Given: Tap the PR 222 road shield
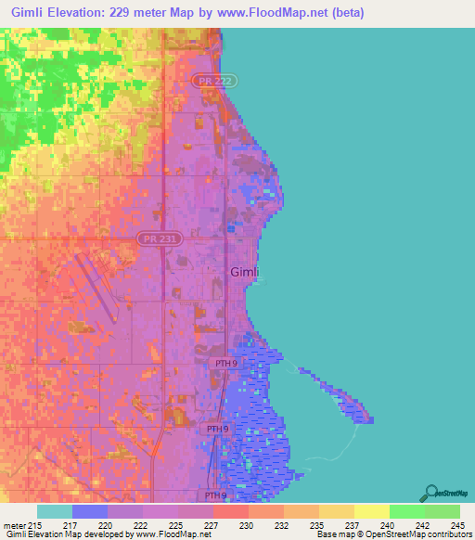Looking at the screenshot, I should click(209, 82).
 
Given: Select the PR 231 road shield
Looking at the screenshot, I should click(154, 239).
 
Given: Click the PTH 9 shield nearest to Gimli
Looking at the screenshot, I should click(223, 364).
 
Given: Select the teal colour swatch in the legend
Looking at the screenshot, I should click(54, 511).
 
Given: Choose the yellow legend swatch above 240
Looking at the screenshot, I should click(371, 511).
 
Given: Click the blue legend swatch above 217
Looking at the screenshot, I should click(89, 511).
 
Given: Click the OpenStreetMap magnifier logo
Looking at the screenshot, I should click(430, 493).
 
